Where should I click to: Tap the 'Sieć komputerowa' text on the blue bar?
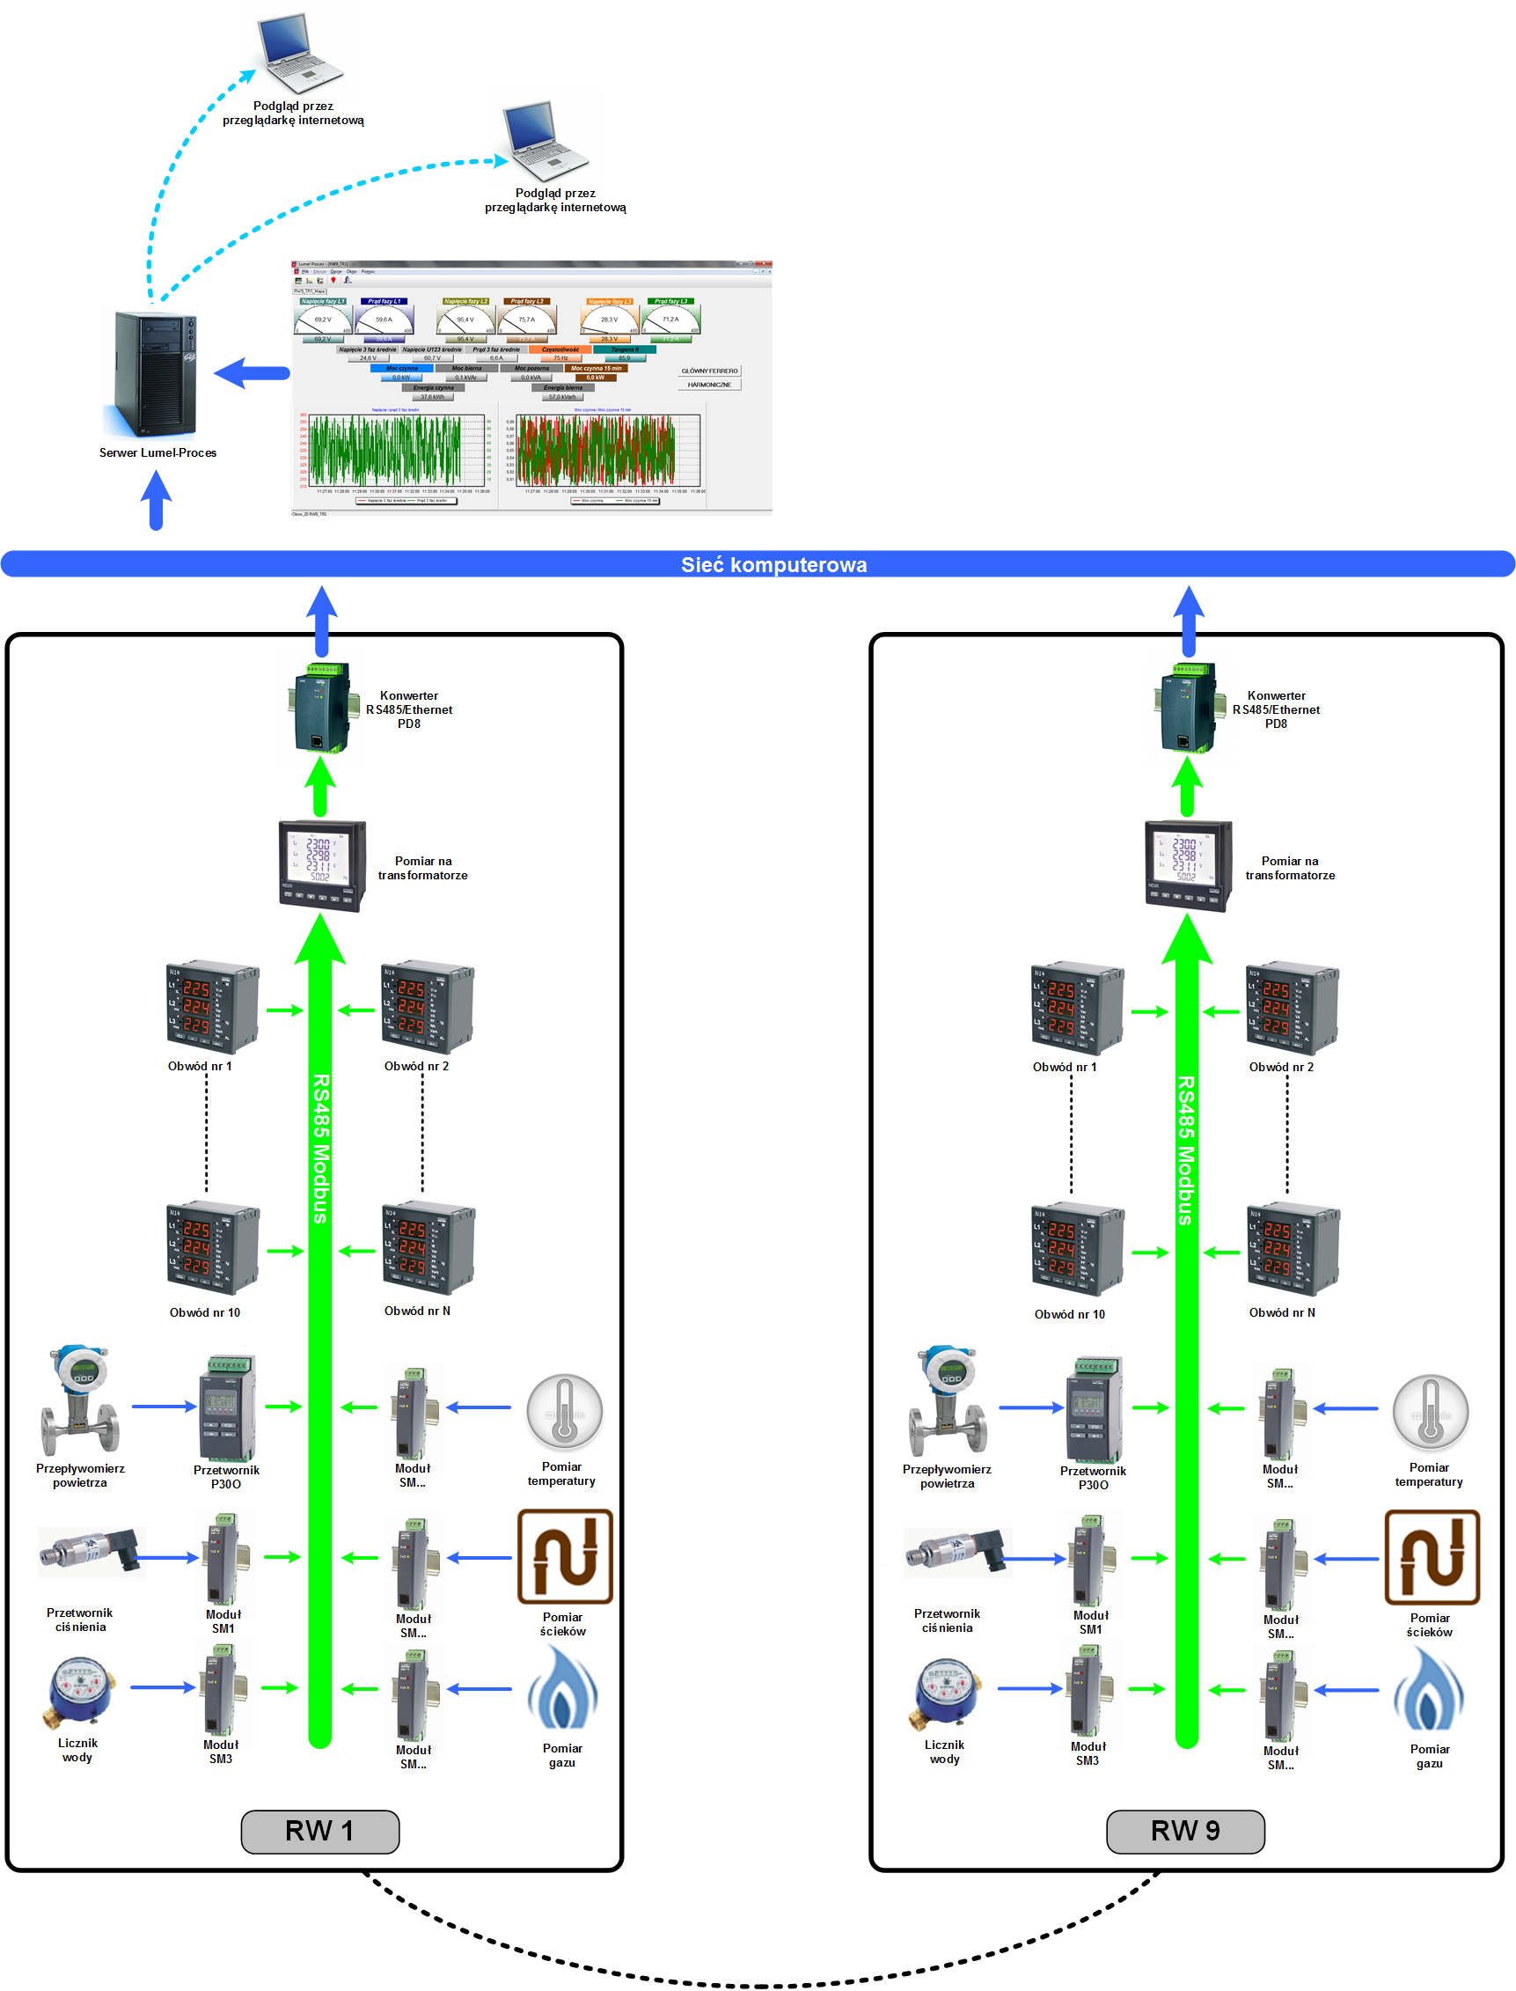pyautogui.click(x=773, y=565)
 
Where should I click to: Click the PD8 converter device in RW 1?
pyautogui.click(x=319, y=709)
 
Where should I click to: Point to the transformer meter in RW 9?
pyautogui.click(x=1188, y=865)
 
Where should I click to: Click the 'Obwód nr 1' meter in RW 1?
pyautogui.click(x=212, y=1006)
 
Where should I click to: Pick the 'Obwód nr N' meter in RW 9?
pyautogui.click(x=1293, y=1249)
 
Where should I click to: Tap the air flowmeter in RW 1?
pyautogui.click(x=79, y=1401)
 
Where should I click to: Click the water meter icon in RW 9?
pyautogui.click(x=946, y=1691)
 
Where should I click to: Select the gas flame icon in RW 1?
pyautogui.click(x=562, y=1688)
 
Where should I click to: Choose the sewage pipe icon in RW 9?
pyautogui.click(x=1432, y=1557)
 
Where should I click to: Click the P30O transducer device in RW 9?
pyautogui.click(x=1094, y=1409)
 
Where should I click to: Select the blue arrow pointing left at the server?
pyautogui.click(x=252, y=372)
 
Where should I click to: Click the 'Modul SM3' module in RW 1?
pyautogui.click(x=221, y=1688)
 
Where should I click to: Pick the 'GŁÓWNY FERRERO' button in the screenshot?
pyautogui.click(x=709, y=371)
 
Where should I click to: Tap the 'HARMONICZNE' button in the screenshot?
pyautogui.click(x=709, y=385)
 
